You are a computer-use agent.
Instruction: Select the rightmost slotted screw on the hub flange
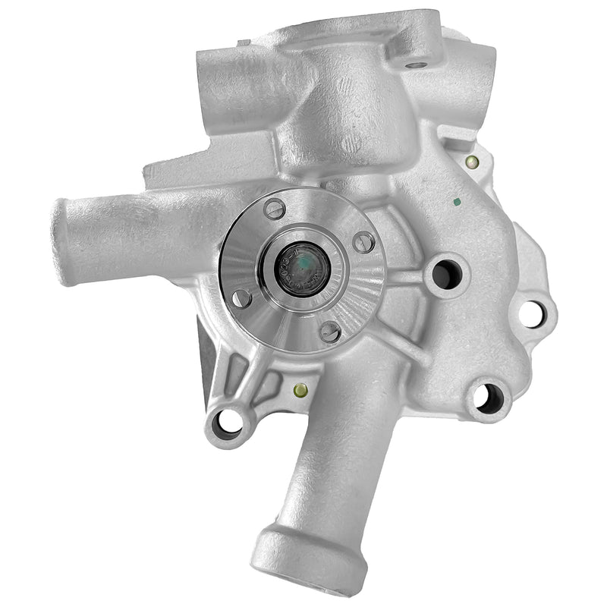(x=364, y=241)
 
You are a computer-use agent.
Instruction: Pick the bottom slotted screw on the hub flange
(x=330, y=331)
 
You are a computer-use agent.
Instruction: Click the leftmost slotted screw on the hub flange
(x=241, y=297)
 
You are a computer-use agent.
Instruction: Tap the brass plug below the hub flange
(x=300, y=392)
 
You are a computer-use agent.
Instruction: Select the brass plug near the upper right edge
(x=473, y=161)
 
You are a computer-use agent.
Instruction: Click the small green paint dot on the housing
(x=457, y=203)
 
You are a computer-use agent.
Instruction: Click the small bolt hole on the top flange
(x=414, y=64)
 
